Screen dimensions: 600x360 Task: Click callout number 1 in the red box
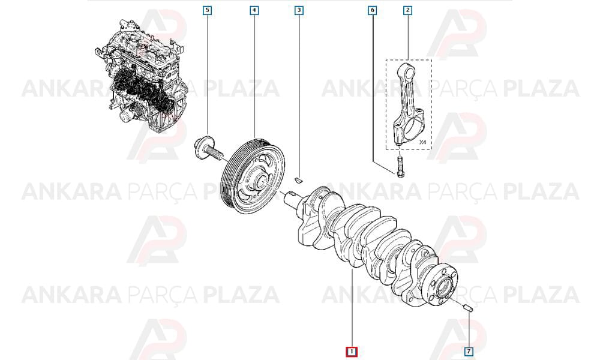(351, 352)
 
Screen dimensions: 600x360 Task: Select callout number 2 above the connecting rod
(407, 10)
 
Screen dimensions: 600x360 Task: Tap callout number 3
(299, 10)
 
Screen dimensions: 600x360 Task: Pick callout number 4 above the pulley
(254, 10)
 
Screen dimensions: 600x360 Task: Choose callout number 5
(208, 10)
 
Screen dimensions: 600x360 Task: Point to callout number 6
(373, 10)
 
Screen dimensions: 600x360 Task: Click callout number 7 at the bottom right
(469, 352)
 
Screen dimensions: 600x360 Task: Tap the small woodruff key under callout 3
(299, 179)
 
